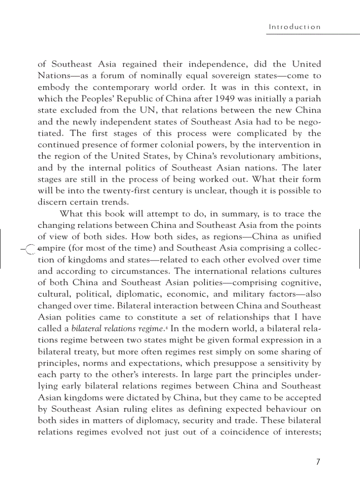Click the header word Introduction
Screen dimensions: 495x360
[x=295, y=27]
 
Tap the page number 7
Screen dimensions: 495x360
[x=318, y=462]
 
